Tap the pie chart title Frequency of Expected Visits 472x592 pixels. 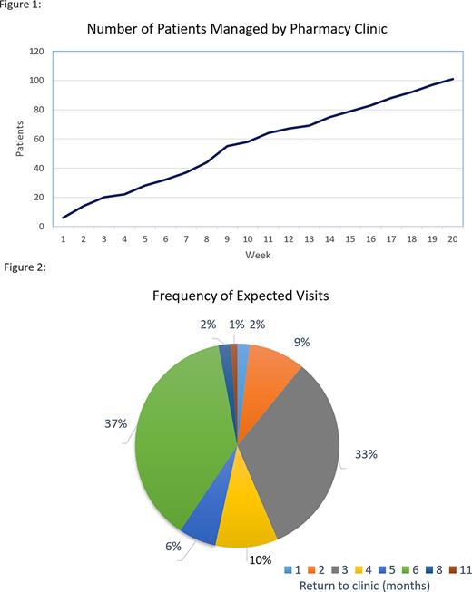[x=238, y=296]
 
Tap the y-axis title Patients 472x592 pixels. [x=21, y=139]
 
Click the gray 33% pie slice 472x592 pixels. [x=295, y=444]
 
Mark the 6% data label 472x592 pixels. [x=174, y=546]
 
